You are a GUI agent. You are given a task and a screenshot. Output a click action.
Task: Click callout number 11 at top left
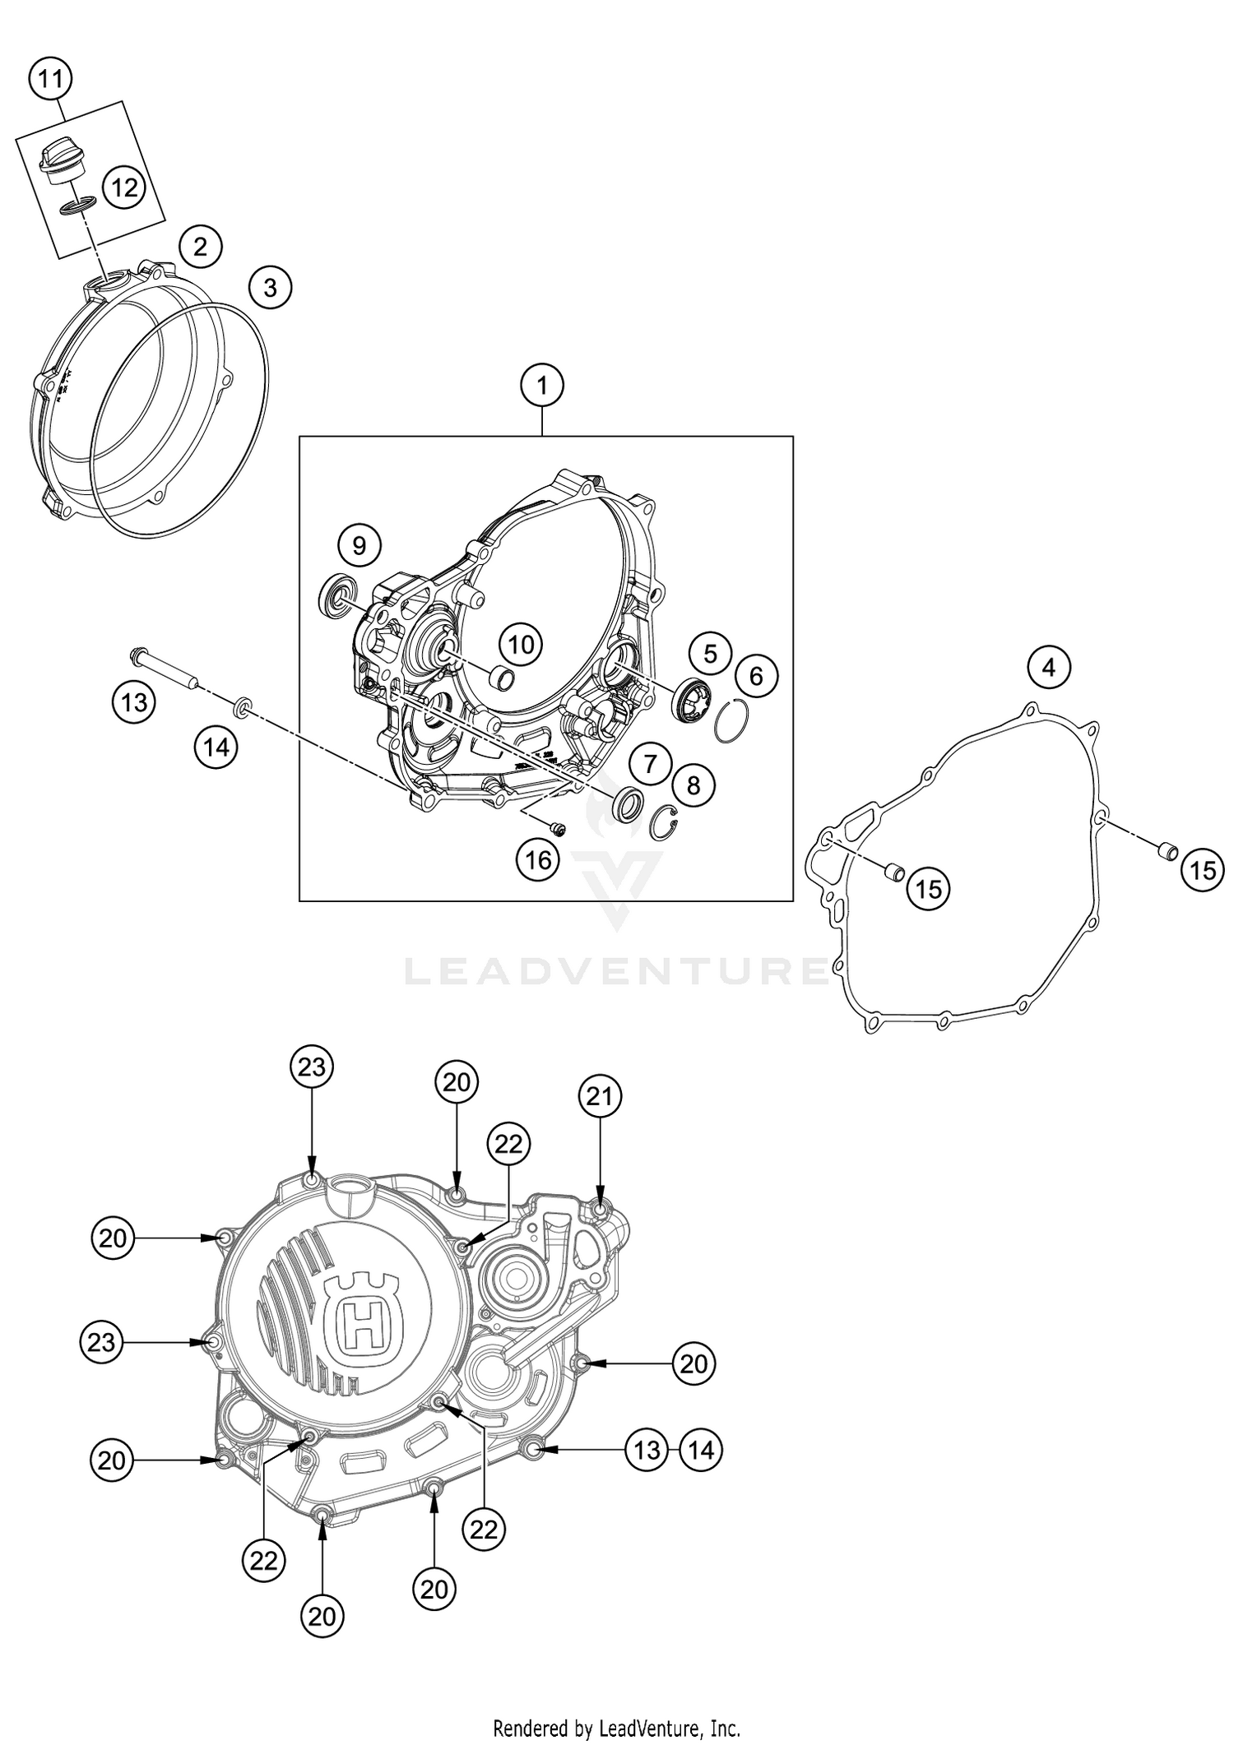(50, 80)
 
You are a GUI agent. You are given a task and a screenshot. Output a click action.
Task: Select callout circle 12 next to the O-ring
(124, 188)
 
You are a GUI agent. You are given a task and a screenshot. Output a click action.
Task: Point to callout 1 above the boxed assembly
(542, 385)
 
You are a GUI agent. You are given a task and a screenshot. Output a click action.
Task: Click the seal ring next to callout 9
(338, 595)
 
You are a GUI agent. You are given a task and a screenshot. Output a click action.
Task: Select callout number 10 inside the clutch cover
(521, 644)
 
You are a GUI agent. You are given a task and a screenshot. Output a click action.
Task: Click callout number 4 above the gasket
(1048, 667)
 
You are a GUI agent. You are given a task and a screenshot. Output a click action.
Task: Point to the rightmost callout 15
(1203, 870)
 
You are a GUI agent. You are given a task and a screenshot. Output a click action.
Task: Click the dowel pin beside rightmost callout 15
(1167, 852)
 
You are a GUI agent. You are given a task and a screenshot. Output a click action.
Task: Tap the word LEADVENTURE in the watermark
(617, 971)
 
